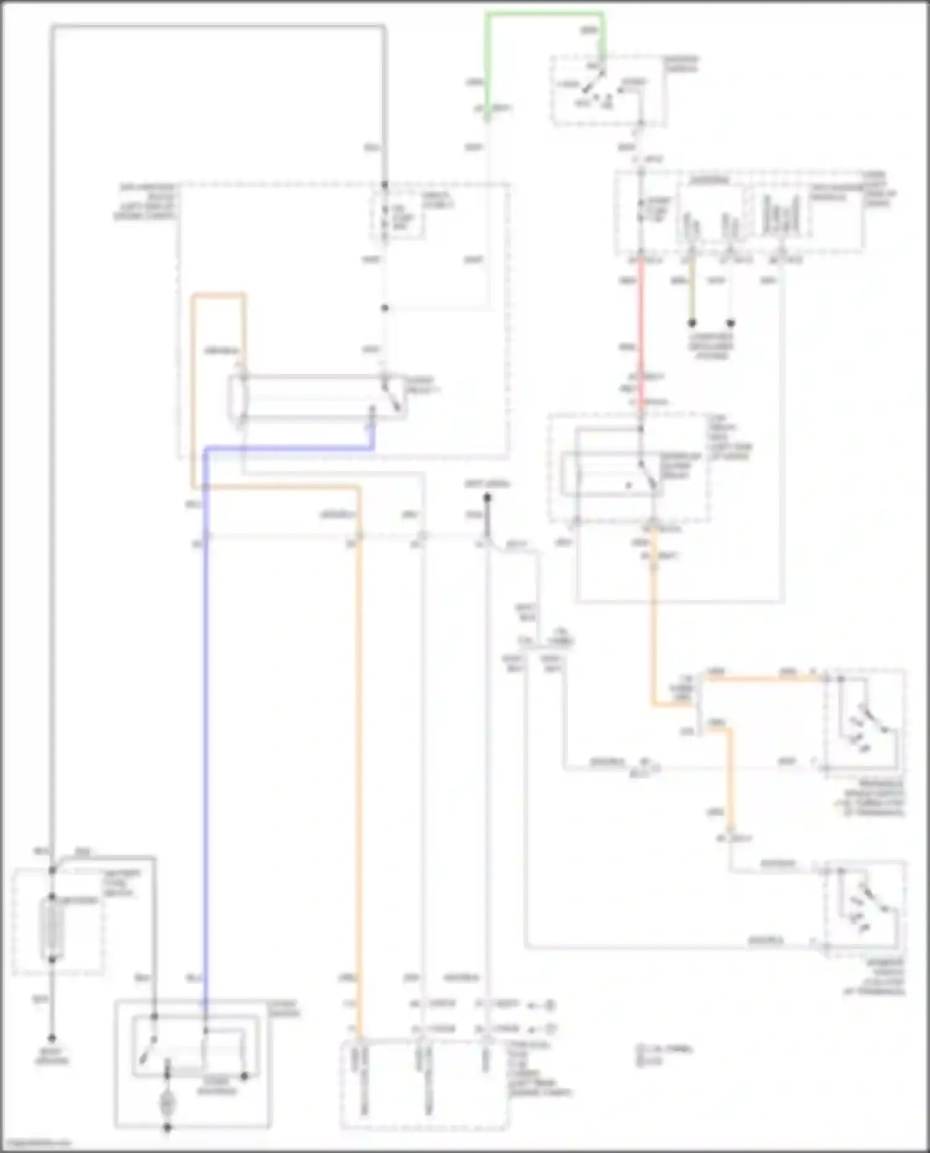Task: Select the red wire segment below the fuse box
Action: click(641, 335)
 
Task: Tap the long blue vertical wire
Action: click(205, 743)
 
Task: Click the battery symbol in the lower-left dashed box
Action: click(52, 928)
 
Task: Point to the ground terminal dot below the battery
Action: click(52, 1038)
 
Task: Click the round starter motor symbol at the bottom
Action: click(167, 1103)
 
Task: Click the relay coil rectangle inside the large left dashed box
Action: click(239, 397)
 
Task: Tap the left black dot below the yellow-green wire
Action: click(693, 323)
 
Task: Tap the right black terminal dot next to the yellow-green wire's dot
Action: click(730, 323)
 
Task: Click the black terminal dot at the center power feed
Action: click(487, 497)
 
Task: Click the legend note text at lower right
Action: click(663, 1054)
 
